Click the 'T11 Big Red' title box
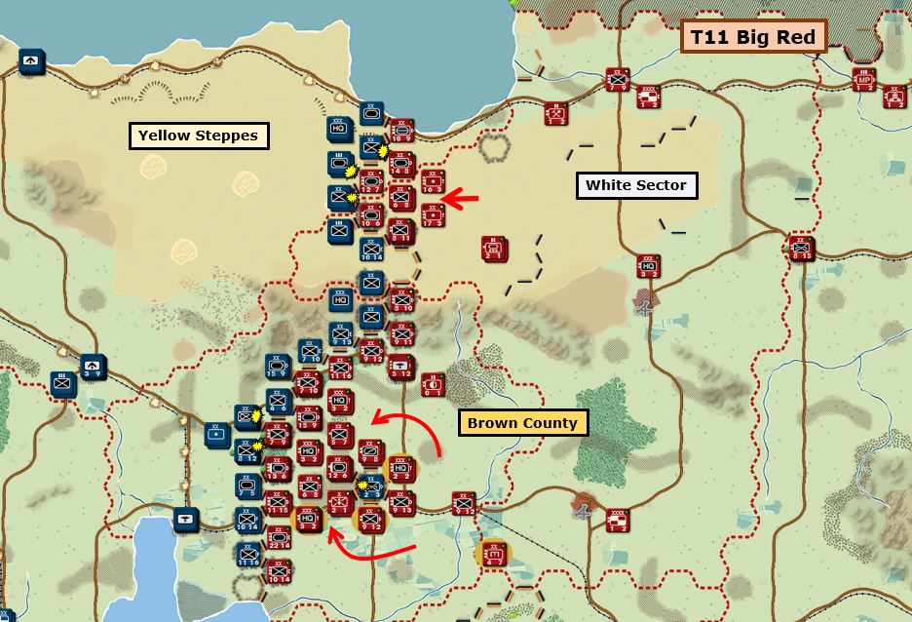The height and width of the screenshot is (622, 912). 752,38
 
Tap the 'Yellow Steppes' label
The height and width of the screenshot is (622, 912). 198,136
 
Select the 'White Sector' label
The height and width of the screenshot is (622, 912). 635,185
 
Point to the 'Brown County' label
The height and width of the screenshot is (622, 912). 521,423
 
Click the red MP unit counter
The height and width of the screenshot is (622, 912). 863,80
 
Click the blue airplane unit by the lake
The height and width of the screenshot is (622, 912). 184,517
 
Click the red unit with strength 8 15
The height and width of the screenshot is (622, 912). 801,249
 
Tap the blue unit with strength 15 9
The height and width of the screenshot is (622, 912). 277,368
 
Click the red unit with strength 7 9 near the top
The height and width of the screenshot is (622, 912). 617,80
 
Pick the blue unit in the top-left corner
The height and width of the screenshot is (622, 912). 31,61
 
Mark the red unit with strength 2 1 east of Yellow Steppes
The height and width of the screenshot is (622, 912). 494,249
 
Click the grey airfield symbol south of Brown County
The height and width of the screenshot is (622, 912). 584,504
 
